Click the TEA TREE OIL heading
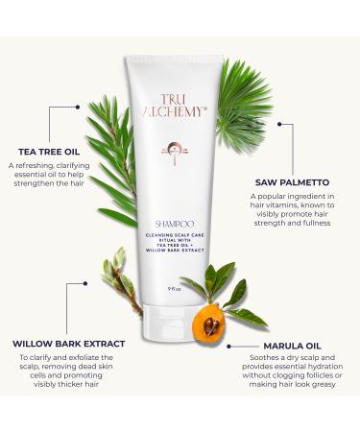pos(47,150)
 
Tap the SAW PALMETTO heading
pos(294,180)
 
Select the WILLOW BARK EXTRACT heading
pos(68,343)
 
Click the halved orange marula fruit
pos(211,324)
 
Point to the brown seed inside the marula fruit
pos(211,324)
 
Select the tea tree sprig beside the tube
pos(113,154)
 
